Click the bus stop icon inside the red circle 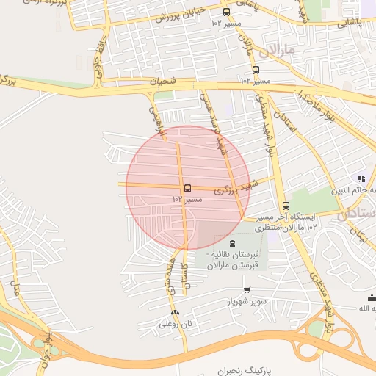pyautogui.click(x=187, y=189)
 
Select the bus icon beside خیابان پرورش pyautogui.click(x=225, y=12)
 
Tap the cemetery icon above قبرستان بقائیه pyautogui.click(x=232, y=243)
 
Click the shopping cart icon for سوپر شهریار pyautogui.click(x=246, y=290)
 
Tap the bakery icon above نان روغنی pyautogui.click(x=175, y=312)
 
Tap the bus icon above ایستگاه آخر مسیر pyautogui.click(x=286, y=206)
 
